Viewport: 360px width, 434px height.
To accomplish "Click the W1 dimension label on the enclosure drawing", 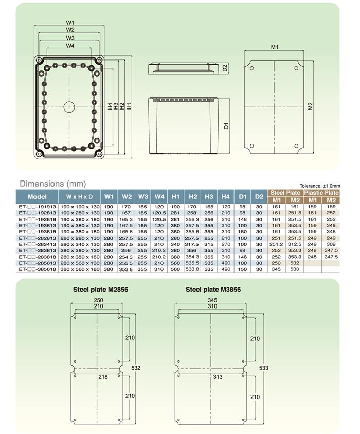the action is click(x=70, y=23).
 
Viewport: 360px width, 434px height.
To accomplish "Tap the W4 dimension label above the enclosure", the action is click(x=70, y=46).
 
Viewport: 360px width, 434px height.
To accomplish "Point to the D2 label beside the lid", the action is click(x=225, y=68).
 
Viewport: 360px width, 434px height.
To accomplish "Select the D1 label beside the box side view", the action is click(x=226, y=125).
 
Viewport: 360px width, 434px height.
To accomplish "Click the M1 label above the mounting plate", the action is click(x=275, y=47).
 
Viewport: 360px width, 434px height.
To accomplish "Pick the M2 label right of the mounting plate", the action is click(x=310, y=106).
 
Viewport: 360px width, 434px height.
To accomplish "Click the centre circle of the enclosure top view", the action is click(x=69, y=107).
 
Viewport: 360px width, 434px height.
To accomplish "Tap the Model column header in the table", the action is click(x=37, y=197).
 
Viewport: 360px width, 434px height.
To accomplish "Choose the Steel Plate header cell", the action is click(x=285, y=193).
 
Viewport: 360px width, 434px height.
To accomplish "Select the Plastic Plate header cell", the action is click(x=321, y=193).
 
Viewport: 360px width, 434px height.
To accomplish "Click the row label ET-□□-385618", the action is click(x=38, y=269).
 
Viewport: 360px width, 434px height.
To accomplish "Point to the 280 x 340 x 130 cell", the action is click(x=80, y=244).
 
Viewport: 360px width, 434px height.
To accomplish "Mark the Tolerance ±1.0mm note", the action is click(x=320, y=186).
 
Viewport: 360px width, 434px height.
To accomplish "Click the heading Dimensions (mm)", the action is click(x=53, y=184).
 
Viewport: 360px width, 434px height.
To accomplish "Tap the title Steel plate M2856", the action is click(x=100, y=290).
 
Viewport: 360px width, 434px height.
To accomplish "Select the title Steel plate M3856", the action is click(x=213, y=290).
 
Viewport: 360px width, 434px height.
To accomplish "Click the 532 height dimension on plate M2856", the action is click(x=136, y=368).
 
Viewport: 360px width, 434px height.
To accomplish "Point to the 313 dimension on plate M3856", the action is click(x=218, y=377).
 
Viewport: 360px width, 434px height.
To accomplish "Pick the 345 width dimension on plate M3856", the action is click(x=212, y=300).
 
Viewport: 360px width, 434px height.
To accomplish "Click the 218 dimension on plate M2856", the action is click(x=103, y=377).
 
